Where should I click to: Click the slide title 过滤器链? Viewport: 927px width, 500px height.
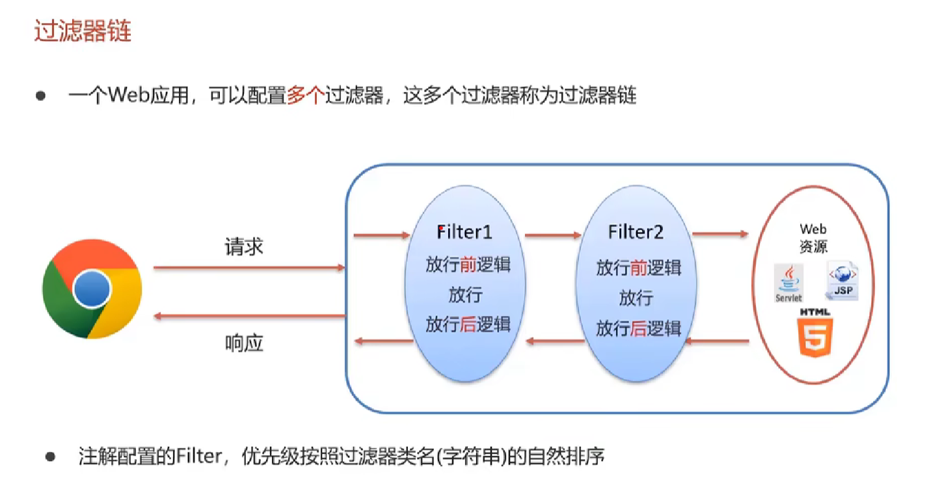83,31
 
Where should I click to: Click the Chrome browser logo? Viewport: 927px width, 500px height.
92,289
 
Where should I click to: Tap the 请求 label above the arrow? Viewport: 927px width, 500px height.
244,247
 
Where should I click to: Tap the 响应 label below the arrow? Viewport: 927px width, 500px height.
244,343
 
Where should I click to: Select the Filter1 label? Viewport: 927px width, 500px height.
464,232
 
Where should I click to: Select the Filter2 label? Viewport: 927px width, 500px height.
636,232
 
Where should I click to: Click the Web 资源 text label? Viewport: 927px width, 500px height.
813,238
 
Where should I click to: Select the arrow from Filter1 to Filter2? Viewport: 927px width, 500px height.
552,235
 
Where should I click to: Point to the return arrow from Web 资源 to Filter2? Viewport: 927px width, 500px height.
718,340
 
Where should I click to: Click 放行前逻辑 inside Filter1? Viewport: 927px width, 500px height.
468,265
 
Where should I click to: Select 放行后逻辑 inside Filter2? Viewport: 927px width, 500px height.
638,328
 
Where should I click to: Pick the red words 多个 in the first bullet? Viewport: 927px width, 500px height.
305,96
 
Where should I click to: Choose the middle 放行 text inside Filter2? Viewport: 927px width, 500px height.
636,298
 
